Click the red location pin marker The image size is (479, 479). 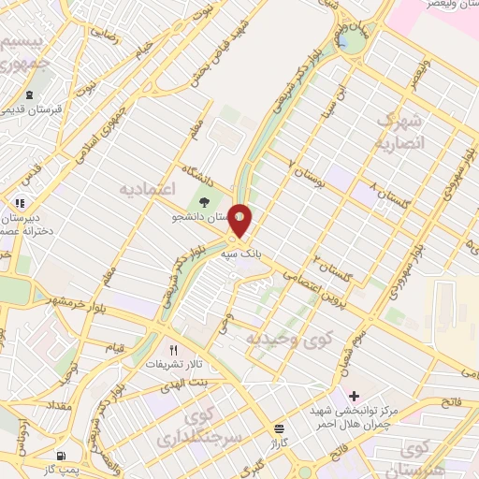(x=240, y=222)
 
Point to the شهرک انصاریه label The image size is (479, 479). (x=399, y=133)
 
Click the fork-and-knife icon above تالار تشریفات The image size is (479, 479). (x=172, y=349)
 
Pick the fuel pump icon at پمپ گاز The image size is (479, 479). (x=62, y=456)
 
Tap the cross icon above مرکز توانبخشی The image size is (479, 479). (x=353, y=397)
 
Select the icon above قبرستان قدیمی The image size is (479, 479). (x=29, y=94)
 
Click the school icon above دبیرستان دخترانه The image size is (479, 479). (x=20, y=202)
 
